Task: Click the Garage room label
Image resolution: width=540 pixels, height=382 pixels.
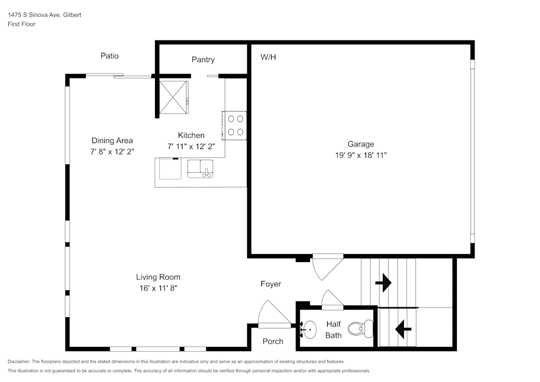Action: click(x=360, y=144)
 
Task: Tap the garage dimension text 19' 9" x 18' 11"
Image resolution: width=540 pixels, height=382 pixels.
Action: click(x=360, y=155)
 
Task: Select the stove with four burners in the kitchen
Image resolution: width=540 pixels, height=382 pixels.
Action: click(x=235, y=125)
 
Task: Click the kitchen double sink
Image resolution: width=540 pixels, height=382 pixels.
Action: click(x=200, y=169)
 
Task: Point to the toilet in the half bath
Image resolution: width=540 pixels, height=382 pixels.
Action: click(x=360, y=328)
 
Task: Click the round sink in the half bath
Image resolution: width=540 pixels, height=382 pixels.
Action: click(x=309, y=329)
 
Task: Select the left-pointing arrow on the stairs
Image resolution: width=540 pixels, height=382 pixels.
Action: click(x=401, y=328)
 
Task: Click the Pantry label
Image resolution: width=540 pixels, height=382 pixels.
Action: click(x=203, y=59)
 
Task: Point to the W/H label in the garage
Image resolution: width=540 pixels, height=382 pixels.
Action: click(x=268, y=57)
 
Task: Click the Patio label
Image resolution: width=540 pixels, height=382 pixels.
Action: click(x=110, y=56)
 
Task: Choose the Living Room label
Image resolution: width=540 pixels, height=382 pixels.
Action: click(x=158, y=277)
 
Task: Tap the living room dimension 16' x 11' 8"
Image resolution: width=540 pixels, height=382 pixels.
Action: click(x=158, y=288)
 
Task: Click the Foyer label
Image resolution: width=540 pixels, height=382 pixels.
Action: click(x=271, y=284)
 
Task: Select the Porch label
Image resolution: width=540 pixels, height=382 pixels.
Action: click(x=273, y=341)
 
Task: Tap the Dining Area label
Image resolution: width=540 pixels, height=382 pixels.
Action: click(x=112, y=140)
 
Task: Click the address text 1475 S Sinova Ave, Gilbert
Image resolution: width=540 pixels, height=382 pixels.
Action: click(x=44, y=15)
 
